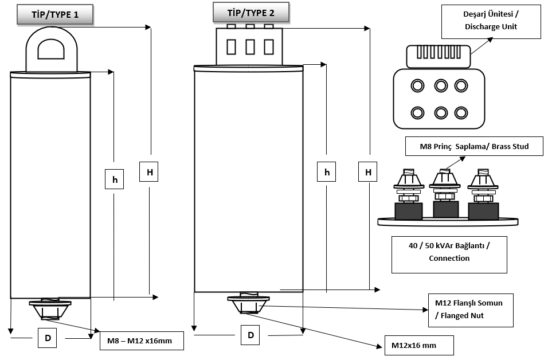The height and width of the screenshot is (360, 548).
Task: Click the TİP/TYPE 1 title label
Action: coord(56,15)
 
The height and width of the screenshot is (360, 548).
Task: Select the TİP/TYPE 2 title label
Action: coord(250,12)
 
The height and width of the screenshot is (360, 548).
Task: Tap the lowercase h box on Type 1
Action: coord(115,179)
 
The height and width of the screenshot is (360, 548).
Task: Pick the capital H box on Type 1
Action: coord(149,171)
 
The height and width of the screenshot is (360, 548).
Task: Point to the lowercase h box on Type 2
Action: coord(327,172)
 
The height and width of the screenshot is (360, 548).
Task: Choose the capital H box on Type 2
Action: coord(367,171)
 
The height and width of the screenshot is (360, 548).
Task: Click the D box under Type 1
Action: coord(48,338)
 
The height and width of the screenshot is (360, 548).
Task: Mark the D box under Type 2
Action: coord(250,334)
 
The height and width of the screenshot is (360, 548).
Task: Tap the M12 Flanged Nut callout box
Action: coord(471,310)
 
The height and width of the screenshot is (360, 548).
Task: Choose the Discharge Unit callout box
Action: coord(491,22)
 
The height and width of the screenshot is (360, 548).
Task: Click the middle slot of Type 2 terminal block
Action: coord(250,46)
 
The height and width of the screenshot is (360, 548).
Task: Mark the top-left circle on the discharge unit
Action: coord(417,86)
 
